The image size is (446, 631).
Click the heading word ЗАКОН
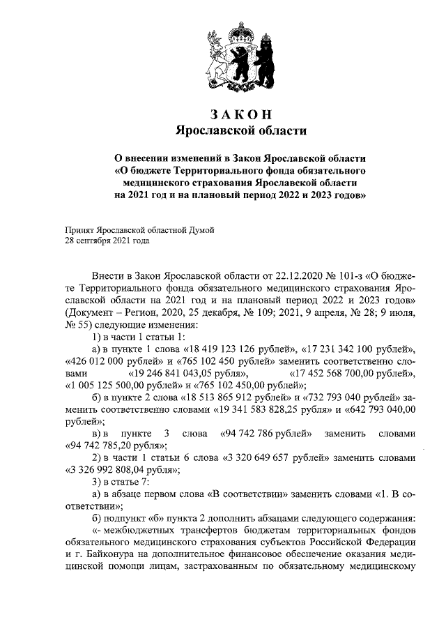click(240, 114)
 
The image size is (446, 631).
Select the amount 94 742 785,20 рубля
click(115, 445)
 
